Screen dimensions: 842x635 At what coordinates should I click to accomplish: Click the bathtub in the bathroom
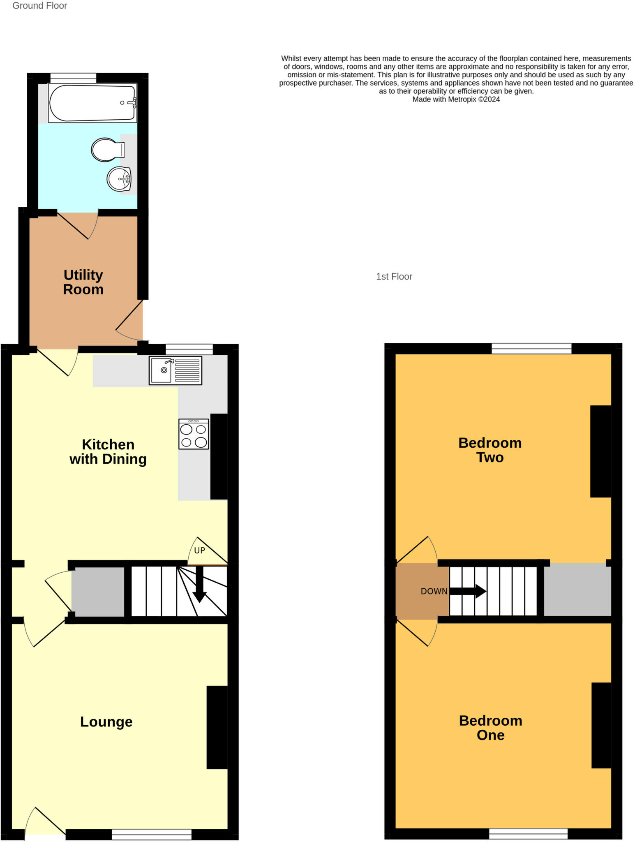tap(92, 103)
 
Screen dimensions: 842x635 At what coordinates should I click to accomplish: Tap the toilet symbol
tap(107, 150)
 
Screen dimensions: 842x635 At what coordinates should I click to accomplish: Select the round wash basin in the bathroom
tap(119, 179)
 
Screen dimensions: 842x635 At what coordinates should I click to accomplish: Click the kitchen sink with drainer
tap(175, 370)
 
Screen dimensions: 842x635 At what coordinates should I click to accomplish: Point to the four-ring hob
tap(194, 434)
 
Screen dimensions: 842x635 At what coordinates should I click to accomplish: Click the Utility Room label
tap(83, 282)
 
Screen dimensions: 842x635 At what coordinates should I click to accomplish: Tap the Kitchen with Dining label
tap(108, 451)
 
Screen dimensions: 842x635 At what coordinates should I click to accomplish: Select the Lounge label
tap(106, 722)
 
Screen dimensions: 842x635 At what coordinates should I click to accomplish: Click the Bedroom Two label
tap(490, 450)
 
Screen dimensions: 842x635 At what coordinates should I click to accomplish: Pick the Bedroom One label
tap(490, 727)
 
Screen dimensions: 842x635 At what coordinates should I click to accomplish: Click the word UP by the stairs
tap(199, 551)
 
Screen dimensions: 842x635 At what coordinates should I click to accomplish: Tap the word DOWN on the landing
tap(434, 591)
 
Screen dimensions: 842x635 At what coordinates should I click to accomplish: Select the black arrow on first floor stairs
tap(468, 592)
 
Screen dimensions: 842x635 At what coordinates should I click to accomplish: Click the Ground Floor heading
tap(39, 6)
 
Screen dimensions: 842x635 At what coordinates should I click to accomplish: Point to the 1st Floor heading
tap(394, 277)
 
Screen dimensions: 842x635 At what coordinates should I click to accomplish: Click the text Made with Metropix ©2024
tap(456, 99)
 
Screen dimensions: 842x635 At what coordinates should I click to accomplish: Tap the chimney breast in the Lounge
tap(217, 727)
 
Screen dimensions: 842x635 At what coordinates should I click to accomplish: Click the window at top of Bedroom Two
tap(531, 349)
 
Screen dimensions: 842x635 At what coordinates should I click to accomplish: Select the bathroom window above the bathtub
tap(73, 76)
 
